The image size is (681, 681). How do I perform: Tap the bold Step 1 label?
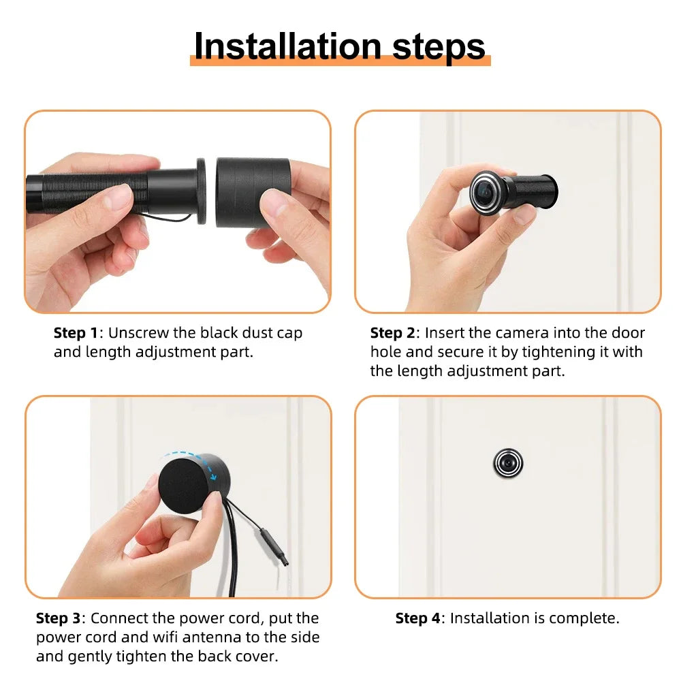(76, 333)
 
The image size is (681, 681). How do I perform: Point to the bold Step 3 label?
(58, 618)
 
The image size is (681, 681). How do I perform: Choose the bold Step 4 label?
(417, 618)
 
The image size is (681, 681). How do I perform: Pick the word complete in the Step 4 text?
(584, 618)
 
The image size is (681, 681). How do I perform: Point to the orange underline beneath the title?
(340, 61)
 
